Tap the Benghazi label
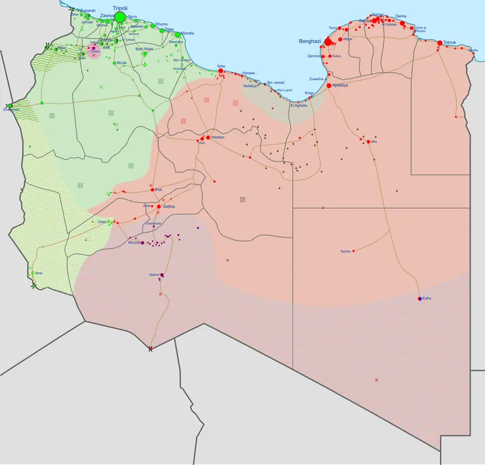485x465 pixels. pos(310,41)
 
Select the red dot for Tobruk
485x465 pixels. pos(439,43)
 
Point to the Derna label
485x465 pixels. pos(400,15)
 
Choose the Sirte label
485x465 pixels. pos(221,67)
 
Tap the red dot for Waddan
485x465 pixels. pos(204,138)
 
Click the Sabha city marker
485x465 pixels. pos(159,206)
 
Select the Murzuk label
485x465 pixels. pos(134,243)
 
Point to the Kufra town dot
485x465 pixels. pos(419,299)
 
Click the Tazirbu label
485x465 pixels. pos(345,251)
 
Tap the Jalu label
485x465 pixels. pos(374,141)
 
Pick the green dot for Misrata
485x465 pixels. pos(178,35)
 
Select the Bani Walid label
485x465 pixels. pos(144,48)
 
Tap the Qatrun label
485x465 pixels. pos(155,274)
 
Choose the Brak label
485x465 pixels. pos(158,190)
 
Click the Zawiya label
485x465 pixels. pos(107,14)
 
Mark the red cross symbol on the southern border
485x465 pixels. pos(151,348)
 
